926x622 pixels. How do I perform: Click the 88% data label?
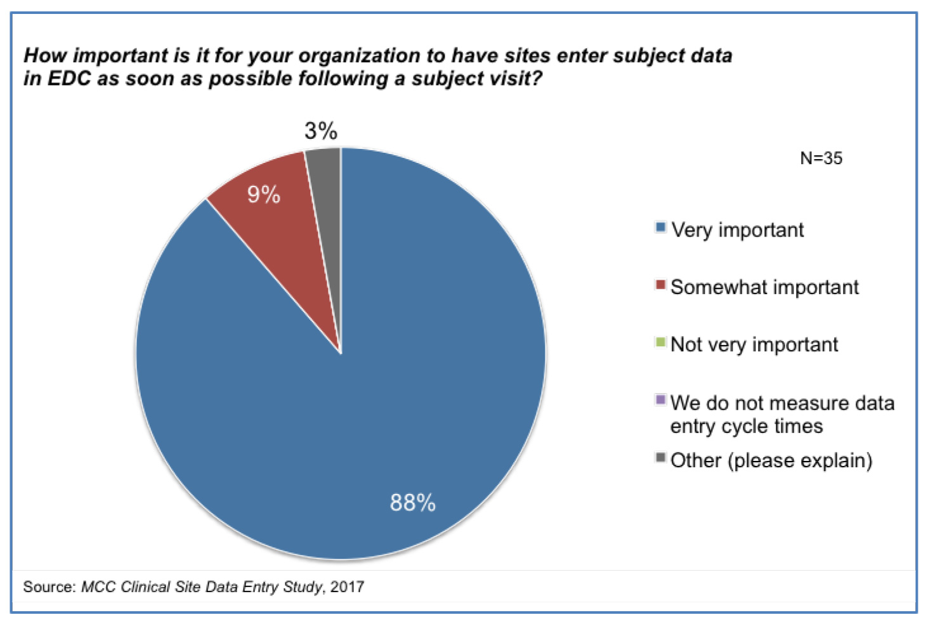(x=413, y=503)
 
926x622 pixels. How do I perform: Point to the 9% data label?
(x=264, y=194)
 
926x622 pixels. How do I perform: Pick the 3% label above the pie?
(x=321, y=131)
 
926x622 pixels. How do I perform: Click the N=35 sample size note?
(x=821, y=159)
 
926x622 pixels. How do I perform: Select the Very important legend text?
(x=737, y=230)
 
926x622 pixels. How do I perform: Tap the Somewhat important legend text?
(x=764, y=287)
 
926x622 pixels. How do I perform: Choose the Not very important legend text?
(x=754, y=344)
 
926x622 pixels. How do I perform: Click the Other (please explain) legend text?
(x=771, y=460)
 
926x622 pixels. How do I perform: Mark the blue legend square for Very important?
(x=660, y=227)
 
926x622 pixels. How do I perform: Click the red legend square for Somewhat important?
(x=660, y=285)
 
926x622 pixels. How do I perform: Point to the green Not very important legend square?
(x=660, y=342)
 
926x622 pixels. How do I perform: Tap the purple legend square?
(x=660, y=400)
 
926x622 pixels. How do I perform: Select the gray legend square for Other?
(x=660, y=458)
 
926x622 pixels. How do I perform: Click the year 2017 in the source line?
(x=347, y=586)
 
